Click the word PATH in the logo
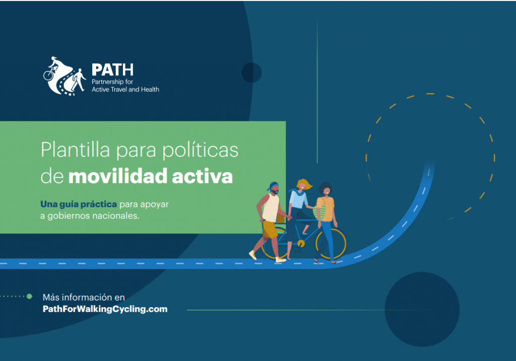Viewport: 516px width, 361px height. (x=112, y=70)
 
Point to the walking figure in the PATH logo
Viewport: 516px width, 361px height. (x=79, y=80)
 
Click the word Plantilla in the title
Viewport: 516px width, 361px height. (x=76, y=150)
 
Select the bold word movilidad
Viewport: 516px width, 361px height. (x=118, y=176)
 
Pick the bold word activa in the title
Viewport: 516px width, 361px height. (x=203, y=176)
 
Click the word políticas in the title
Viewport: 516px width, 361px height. (x=201, y=150)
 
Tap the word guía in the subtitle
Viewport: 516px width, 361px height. (x=69, y=205)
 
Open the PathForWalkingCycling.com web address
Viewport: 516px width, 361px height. (x=105, y=309)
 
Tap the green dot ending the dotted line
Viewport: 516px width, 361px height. (x=29, y=296)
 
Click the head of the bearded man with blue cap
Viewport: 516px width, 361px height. (x=274, y=188)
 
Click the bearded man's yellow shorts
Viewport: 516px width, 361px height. (x=270, y=229)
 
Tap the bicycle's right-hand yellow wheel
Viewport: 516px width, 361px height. (x=331, y=243)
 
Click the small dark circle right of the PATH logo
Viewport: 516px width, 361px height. (x=252, y=73)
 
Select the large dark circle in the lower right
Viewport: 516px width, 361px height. (x=422, y=309)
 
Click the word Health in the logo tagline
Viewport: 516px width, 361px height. (x=150, y=89)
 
